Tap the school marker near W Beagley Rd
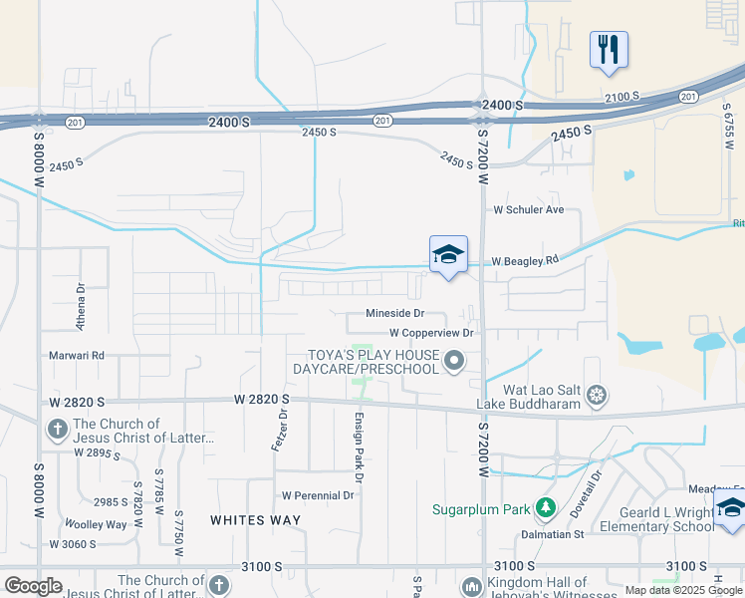point(448,255)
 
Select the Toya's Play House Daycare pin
point(455,360)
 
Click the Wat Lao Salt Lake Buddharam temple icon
point(597,396)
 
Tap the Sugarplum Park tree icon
point(545,509)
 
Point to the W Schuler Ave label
point(529,210)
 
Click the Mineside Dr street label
point(395,313)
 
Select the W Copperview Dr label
point(430,332)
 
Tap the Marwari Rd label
point(77,355)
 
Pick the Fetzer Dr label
point(281,430)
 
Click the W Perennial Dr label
point(318,495)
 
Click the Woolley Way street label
point(96,524)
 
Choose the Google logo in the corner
point(33,586)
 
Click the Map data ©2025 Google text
point(683,590)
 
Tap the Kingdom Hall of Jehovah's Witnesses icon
point(472,585)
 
